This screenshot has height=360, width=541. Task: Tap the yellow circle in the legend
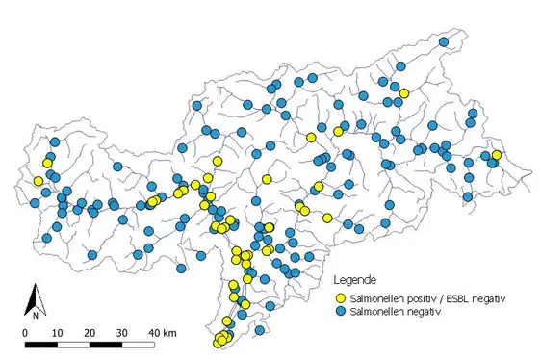tap(340, 298)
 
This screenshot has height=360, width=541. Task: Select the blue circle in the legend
tap(340, 312)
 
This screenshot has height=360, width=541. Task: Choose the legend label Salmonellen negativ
tap(396, 312)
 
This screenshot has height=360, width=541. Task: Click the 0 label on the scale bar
tap(25, 332)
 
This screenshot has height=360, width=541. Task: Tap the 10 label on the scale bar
tap(57, 332)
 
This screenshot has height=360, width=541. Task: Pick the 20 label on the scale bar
tap(90, 332)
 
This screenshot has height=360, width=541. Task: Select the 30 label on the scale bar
tap(121, 332)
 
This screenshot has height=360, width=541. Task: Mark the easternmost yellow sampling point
tap(497, 155)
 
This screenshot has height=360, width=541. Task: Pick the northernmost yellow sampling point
tap(404, 93)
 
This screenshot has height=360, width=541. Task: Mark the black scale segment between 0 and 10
tap(41, 344)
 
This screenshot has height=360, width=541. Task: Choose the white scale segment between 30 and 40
tap(138, 344)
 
